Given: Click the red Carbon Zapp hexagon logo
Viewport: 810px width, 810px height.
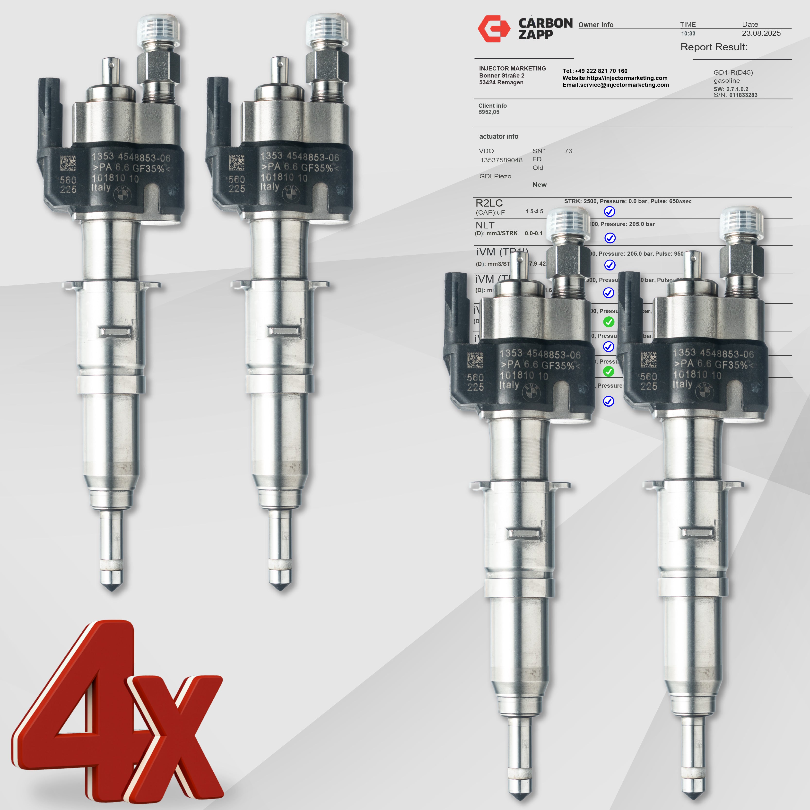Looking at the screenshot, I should [x=494, y=28].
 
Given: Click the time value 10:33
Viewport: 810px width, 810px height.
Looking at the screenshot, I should [x=688, y=34].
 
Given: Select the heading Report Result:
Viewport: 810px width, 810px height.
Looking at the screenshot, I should [x=714, y=47].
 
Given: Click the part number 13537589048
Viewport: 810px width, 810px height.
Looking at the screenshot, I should [x=501, y=160].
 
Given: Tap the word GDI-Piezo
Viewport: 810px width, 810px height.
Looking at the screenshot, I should [x=495, y=176].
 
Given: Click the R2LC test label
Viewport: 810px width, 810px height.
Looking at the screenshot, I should [x=489, y=203].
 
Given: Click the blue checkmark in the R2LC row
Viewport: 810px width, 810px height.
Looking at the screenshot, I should [x=609, y=212].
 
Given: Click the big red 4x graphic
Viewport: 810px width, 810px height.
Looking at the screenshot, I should [x=117, y=713].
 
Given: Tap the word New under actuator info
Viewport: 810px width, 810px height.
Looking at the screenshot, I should [x=539, y=184].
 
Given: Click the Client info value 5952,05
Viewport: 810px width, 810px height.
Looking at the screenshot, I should [x=489, y=112].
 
